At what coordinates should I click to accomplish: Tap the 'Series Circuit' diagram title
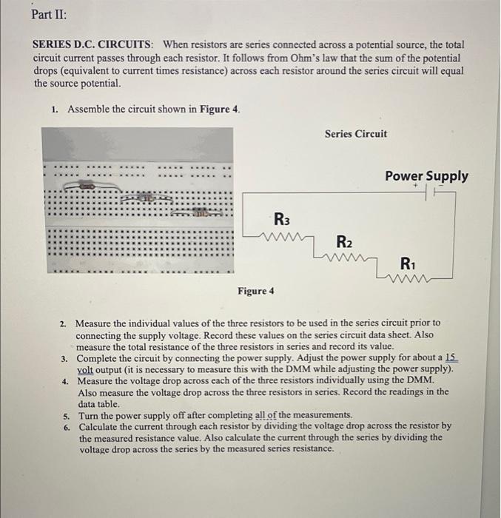[355, 134]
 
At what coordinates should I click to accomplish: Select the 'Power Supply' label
[426, 176]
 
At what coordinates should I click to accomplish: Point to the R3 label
[281, 219]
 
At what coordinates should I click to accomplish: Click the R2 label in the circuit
[344, 242]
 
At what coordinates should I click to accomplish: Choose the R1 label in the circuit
[408, 263]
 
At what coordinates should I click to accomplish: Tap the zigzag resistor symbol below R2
[342, 258]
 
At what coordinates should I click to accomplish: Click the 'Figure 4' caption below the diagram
[255, 291]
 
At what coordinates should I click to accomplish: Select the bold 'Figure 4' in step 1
[219, 110]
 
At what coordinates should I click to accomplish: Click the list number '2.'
[64, 323]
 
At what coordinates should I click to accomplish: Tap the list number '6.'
[67, 427]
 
